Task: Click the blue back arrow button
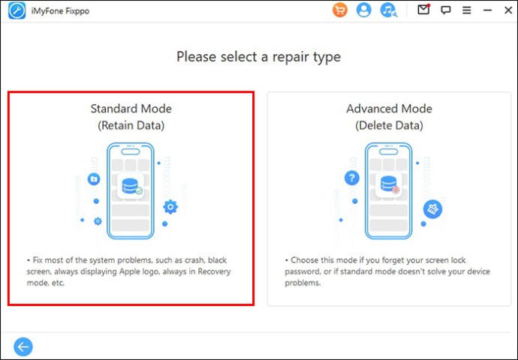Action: pyautogui.click(x=23, y=346)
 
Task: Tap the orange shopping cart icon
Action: pyautogui.click(x=339, y=10)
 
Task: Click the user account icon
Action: pyautogui.click(x=363, y=10)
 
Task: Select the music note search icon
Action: pyautogui.click(x=389, y=10)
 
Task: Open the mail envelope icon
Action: pyautogui.click(x=424, y=10)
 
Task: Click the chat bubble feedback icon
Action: pyautogui.click(x=446, y=10)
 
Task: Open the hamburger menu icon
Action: pyautogui.click(x=466, y=10)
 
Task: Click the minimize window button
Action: pyautogui.click(x=488, y=10)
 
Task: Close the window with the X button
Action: pyautogui.click(x=508, y=10)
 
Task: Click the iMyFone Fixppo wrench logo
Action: pyautogui.click(x=17, y=11)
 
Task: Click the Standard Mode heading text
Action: pyautogui.click(x=131, y=109)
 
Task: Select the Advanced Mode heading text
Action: pyautogui.click(x=389, y=109)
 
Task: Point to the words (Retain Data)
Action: pyautogui.click(x=131, y=125)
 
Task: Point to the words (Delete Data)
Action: pyautogui.click(x=389, y=125)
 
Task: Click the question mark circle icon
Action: pyautogui.click(x=352, y=178)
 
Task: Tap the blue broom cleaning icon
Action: pyautogui.click(x=432, y=208)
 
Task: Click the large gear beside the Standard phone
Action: pyautogui.click(x=170, y=207)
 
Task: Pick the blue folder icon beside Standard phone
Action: pyautogui.click(x=94, y=179)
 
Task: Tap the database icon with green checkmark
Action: pyautogui.click(x=131, y=186)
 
